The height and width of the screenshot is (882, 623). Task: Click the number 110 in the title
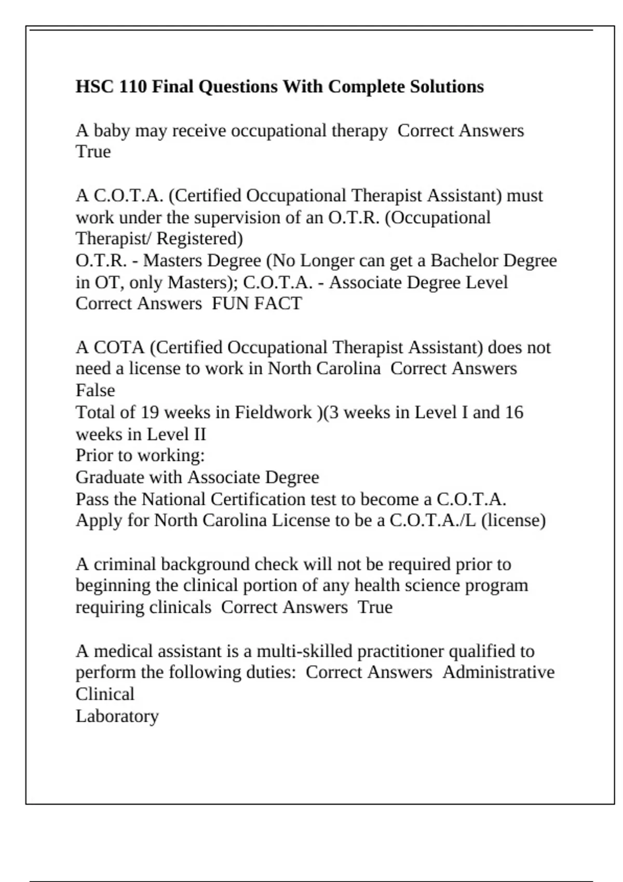(133, 86)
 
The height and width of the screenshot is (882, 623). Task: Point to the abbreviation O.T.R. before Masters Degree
(101, 260)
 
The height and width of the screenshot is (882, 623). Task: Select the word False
(95, 390)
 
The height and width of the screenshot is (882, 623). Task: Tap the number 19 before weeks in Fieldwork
(150, 412)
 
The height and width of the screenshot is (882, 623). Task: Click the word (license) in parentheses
(513, 520)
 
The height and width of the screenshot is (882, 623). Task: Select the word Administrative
(498, 672)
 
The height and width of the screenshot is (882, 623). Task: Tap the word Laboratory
(117, 716)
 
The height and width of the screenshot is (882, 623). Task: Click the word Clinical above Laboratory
(105, 694)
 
